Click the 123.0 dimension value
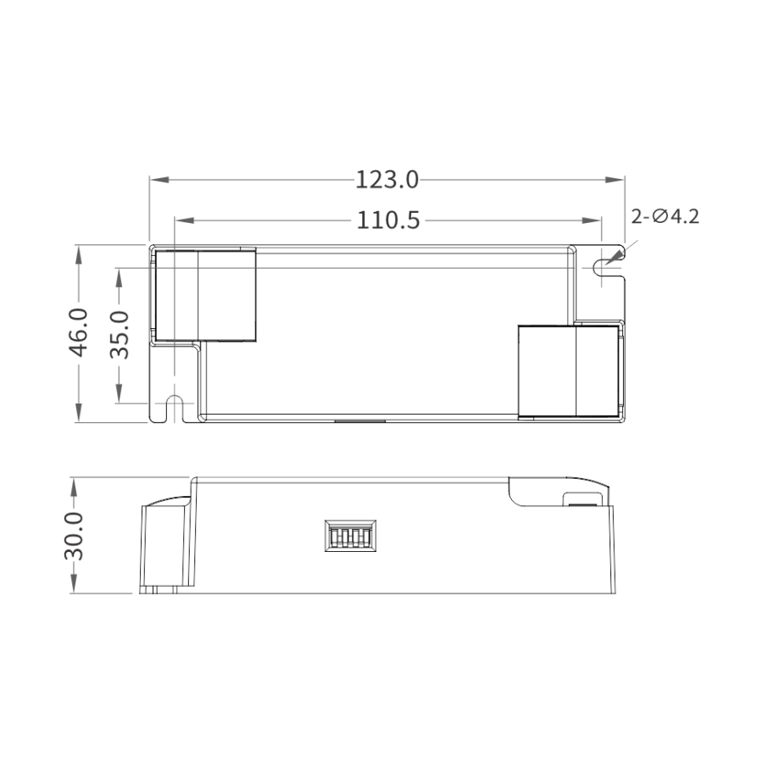[x=387, y=180]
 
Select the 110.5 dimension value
[x=387, y=220]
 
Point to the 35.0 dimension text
[x=120, y=335]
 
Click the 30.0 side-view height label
[x=74, y=536]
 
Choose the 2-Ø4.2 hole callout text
[x=665, y=216]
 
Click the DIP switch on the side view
[x=350, y=536]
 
